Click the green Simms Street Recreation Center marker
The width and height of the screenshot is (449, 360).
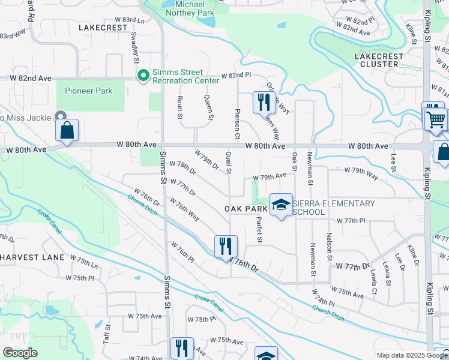click(143, 76)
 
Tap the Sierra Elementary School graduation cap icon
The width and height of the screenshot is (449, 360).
click(280, 205)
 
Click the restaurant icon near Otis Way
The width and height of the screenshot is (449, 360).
click(263, 103)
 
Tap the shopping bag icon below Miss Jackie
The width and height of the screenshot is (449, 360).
click(67, 130)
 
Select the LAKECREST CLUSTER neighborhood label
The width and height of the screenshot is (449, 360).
click(376, 59)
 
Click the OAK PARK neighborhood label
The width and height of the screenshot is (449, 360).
click(246, 208)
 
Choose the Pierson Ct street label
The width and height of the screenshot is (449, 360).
click(238, 125)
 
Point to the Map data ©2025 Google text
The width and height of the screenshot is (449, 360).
click(411, 355)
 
